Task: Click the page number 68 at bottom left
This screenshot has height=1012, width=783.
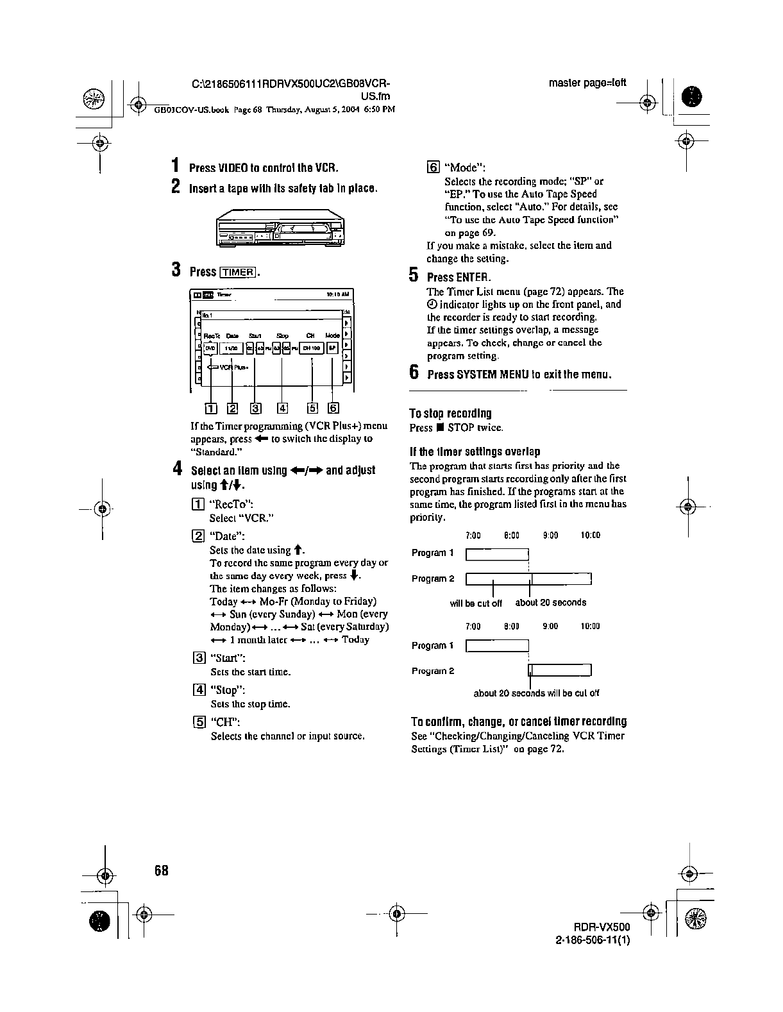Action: point(160,871)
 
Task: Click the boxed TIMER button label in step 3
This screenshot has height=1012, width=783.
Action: point(238,272)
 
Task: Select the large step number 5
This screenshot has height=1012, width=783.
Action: point(414,276)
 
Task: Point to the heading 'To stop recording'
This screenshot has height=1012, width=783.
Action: point(450,414)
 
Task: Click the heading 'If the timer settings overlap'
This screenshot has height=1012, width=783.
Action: point(475,451)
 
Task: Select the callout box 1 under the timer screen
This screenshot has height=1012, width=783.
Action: point(210,408)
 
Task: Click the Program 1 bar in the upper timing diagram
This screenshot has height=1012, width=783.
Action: point(497,554)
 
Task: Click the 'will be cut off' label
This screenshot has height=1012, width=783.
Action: point(476,603)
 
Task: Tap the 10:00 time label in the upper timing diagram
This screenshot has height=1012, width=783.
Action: point(590,536)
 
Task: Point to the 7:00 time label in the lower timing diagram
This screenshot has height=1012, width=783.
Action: point(473,627)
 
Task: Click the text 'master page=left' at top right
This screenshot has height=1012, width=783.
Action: point(587,83)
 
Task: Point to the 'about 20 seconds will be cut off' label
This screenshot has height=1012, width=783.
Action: point(536,693)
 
